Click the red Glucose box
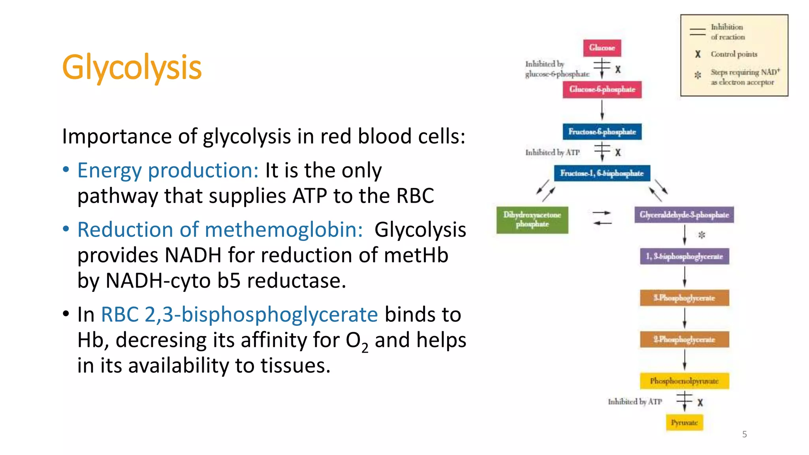pyautogui.click(x=602, y=48)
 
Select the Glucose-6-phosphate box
pyautogui.click(x=602, y=89)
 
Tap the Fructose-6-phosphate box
pyautogui.click(x=602, y=132)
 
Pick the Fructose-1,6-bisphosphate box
pyautogui.click(x=602, y=173)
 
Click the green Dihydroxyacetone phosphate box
pyautogui.click(x=532, y=220)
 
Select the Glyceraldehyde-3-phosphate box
pyautogui.click(x=684, y=215)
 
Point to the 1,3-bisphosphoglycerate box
pyautogui.click(x=684, y=256)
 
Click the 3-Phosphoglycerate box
pyautogui.click(x=684, y=298)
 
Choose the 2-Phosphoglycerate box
pyautogui.click(x=684, y=339)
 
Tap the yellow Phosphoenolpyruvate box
pyautogui.click(x=684, y=381)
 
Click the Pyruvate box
pyautogui.click(x=684, y=423)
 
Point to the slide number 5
pyautogui.click(x=744, y=434)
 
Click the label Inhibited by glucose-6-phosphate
pyautogui.click(x=557, y=69)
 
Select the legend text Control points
pyautogui.click(x=734, y=54)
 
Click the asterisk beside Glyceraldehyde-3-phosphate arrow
pyautogui.click(x=702, y=235)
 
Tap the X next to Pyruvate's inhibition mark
pyautogui.click(x=700, y=402)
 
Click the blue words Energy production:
pyautogui.click(x=168, y=171)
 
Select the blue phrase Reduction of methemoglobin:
pyautogui.click(x=220, y=230)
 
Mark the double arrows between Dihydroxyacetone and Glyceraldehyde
pyautogui.click(x=602, y=218)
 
